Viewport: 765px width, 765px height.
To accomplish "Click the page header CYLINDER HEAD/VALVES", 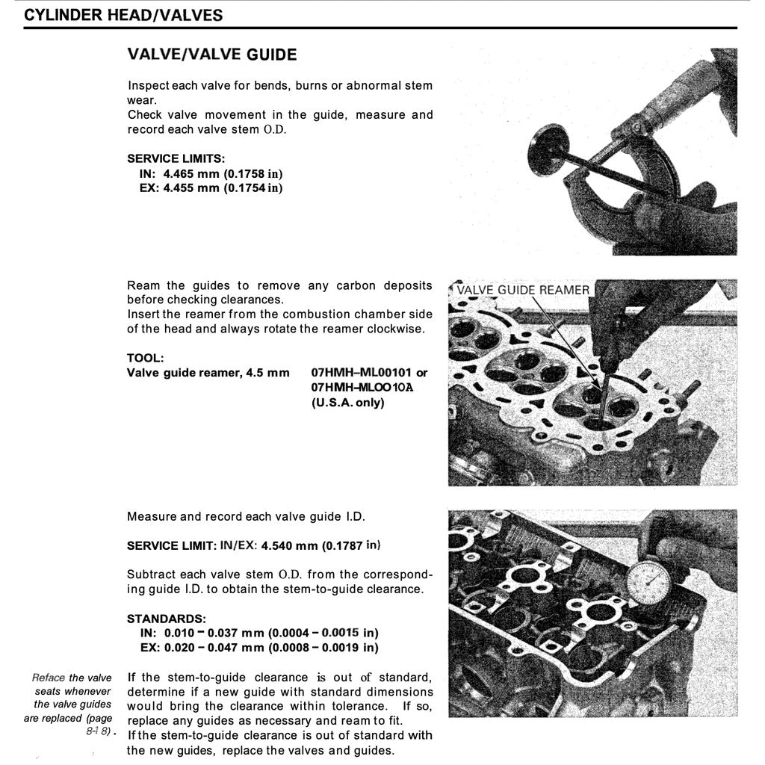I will click(123, 15).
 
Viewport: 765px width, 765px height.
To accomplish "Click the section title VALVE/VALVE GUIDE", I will click(212, 55).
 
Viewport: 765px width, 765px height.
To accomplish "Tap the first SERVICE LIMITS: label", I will click(176, 158).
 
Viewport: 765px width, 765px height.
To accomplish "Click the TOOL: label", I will click(145, 358).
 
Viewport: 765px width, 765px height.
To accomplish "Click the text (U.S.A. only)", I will click(347, 403).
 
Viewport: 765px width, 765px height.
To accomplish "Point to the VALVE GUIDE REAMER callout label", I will click(522, 290).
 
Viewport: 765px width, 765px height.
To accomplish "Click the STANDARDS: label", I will click(166, 619).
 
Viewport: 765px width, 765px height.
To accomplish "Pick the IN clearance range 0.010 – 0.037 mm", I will click(214, 633).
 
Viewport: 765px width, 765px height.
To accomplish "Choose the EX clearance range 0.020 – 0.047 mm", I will click(214, 647).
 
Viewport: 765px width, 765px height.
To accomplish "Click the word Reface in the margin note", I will click(49, 678).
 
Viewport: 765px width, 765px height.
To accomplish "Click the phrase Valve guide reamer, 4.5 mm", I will click(208, 372).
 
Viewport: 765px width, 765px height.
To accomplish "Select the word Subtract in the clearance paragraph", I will click(150, 574).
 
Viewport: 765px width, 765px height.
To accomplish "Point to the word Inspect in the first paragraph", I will click(148, 85).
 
